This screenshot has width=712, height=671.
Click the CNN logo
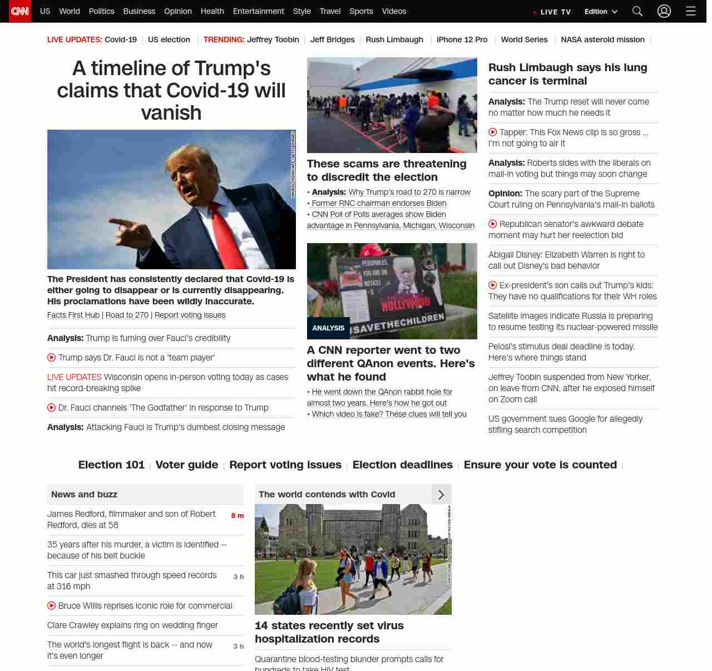click(20, 11)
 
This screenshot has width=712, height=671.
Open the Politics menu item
click(101, 11)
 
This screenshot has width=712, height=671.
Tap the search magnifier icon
click(637, 11)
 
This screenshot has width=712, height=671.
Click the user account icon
click(664, 11)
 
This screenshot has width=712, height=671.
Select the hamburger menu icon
click(691, 11)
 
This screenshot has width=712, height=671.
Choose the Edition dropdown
click(601, 12)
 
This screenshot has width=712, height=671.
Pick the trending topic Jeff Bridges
click(332, 40)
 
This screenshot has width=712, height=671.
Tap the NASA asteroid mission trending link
click(602, 40)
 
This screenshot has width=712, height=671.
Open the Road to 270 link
click(127, 315)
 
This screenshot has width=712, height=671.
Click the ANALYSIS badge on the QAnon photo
click(328, 328)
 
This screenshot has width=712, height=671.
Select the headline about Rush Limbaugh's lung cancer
click(567, 74)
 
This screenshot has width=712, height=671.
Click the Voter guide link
click(186, 465)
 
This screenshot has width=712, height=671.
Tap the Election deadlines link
click(402, 465)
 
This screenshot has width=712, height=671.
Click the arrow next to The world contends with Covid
click(441, 495)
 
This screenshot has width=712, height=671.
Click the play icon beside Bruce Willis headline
click(52, 605)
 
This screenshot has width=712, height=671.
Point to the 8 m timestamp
click(237, 516)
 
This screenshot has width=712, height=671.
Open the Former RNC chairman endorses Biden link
click(379, 203)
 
